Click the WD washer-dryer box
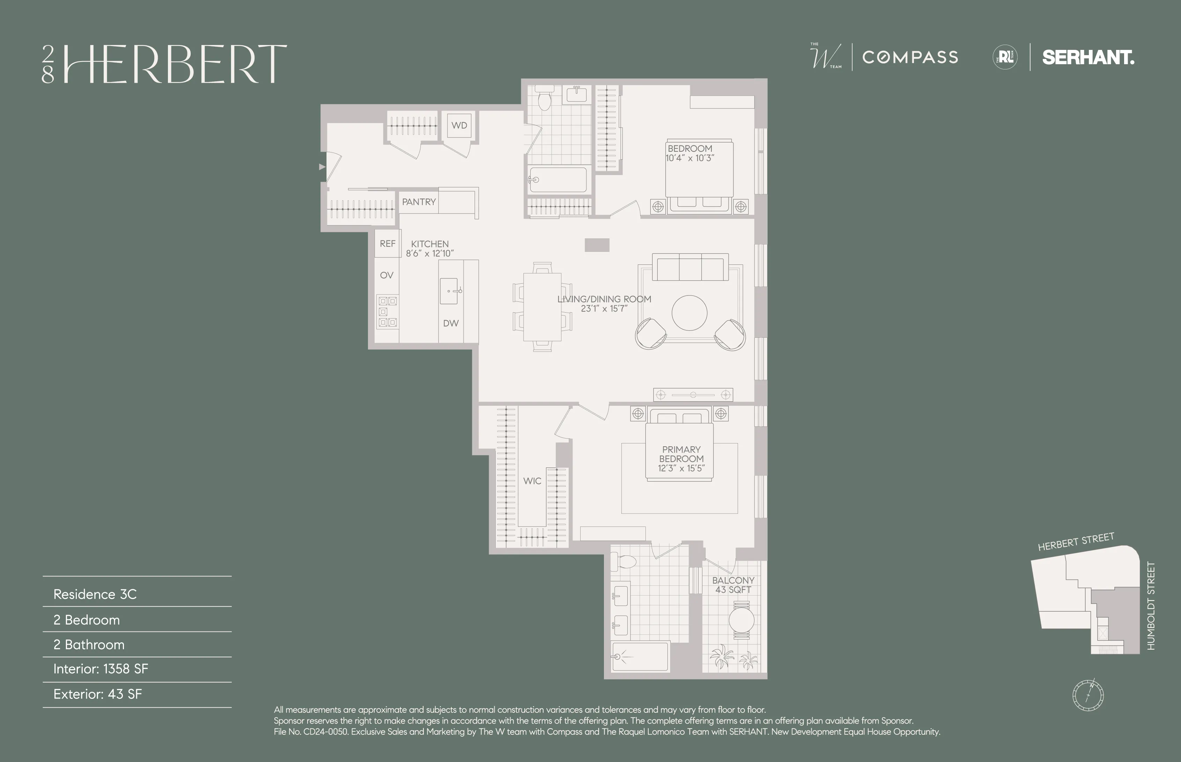(459, 126)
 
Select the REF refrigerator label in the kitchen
(387, 244)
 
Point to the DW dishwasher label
(450, 323)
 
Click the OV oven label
(386, 275)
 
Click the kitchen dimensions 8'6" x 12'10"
(430, 253)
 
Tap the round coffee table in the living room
(689, 313)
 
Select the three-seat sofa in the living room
(690, 267)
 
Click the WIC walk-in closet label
(532, 481)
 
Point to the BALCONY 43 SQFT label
(733, 585)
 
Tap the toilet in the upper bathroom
(545, 99)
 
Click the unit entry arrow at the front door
(322, 167)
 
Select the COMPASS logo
(910, 58)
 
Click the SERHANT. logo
(1088, 58)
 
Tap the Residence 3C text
(95, 594)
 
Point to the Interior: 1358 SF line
(101, 669)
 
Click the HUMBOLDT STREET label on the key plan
(1151, 606)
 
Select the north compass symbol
(1088, 695)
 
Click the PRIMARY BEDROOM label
(681, 454)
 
